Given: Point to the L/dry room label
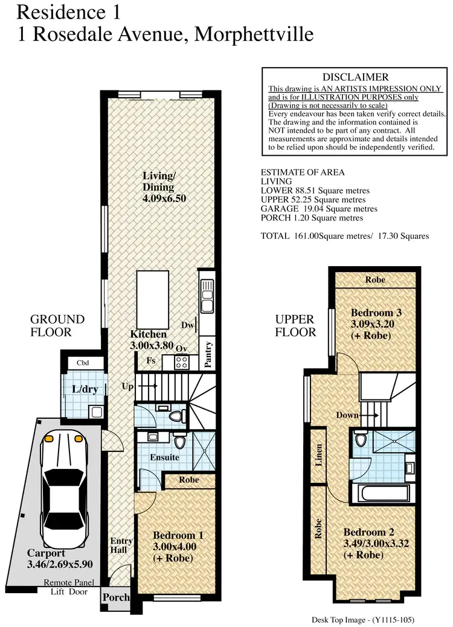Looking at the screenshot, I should coord(85,389).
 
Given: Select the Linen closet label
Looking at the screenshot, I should coord(318,456).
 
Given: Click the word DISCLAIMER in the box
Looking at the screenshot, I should coord(356,77).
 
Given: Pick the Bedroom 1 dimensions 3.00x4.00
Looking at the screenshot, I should coord(174,547).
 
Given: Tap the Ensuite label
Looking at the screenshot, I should coord(165,457).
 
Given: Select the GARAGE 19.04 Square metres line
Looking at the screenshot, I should coord(319,209).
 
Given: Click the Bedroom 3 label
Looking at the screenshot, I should coord(376,313).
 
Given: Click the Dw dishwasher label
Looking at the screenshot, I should coord(187,325).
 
